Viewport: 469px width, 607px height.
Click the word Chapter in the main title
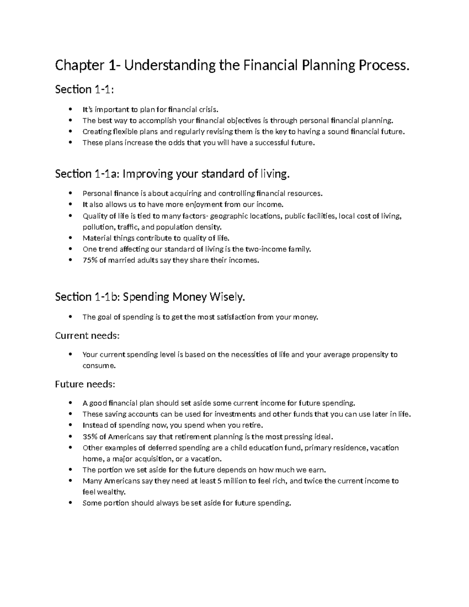[x=79, y=66]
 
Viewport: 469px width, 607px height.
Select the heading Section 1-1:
[x=84, y=90]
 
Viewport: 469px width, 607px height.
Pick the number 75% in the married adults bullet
[x=90, y=260]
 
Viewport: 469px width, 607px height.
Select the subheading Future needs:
[x=85, y=384]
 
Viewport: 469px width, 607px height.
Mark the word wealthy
[x=111, y=492]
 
